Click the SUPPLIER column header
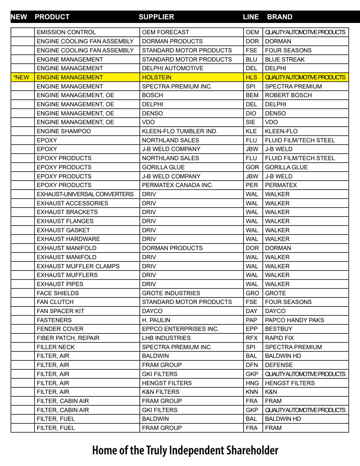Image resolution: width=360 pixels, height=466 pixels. [157, 17]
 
